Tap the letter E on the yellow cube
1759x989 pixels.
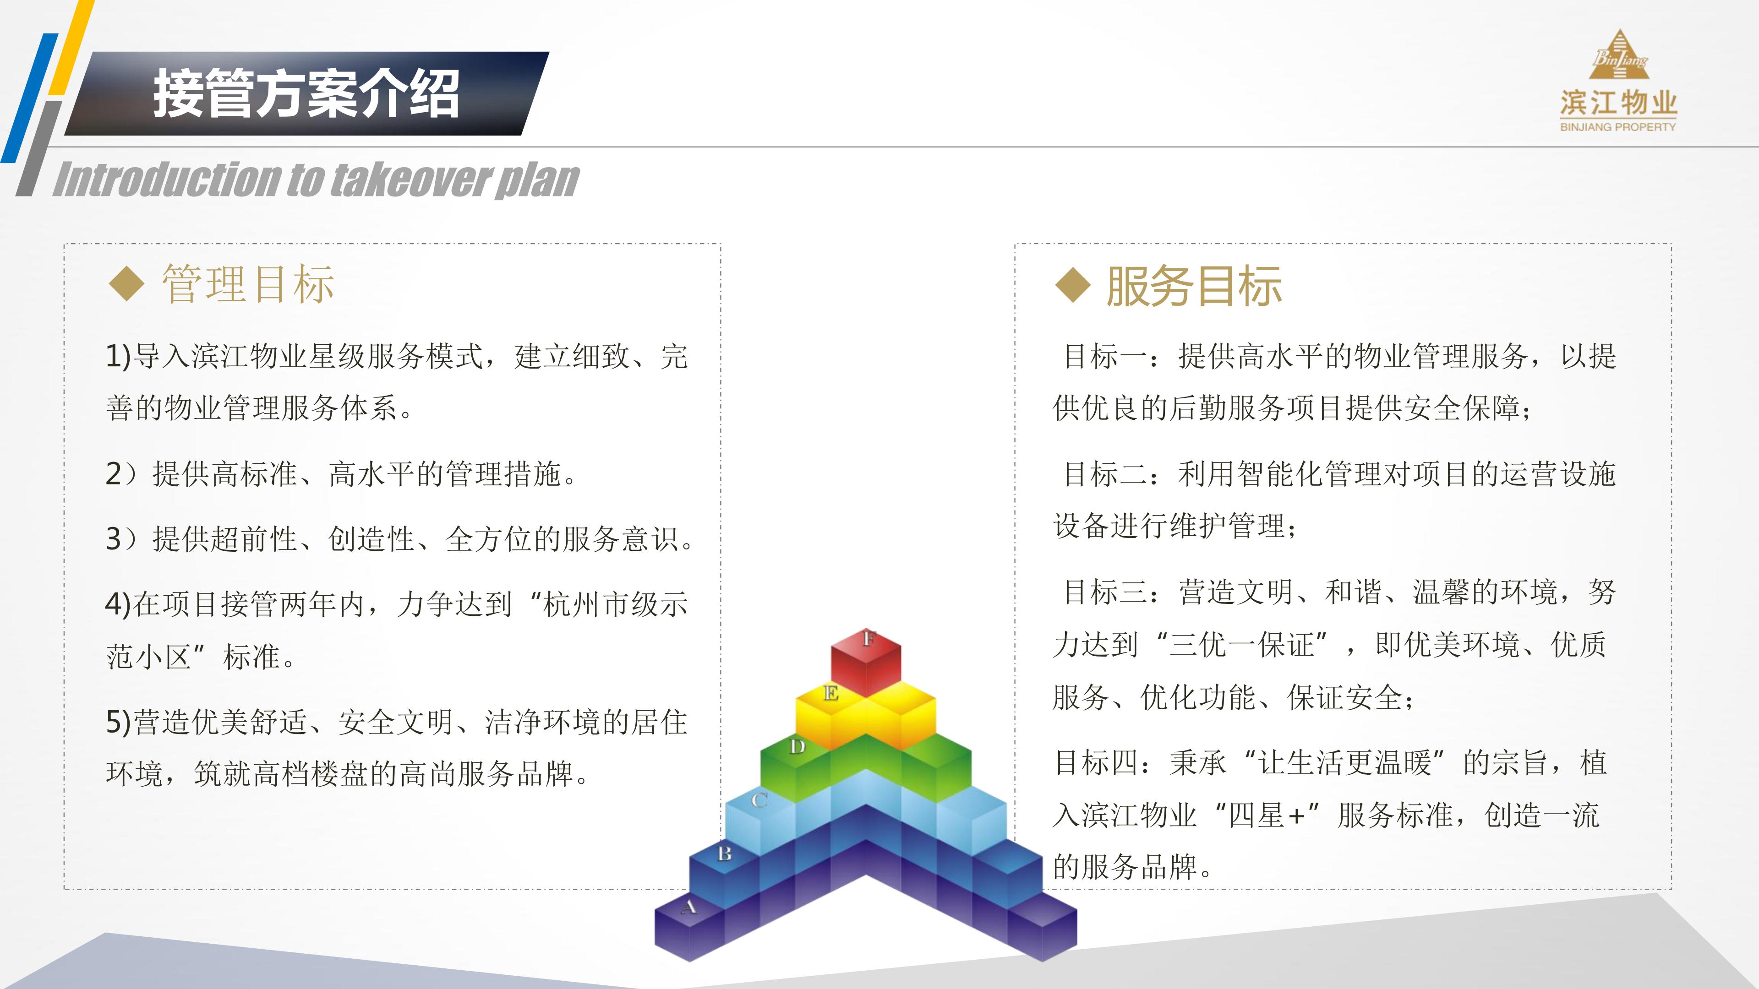831,694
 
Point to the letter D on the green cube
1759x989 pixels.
797,747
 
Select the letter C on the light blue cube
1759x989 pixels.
759,800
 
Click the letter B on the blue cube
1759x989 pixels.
725,853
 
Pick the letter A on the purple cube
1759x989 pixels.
689,907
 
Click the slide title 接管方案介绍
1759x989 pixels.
306,93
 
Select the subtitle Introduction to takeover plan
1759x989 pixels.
316,179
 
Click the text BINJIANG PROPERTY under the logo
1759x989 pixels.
1617,127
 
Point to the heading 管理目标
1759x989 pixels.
248,284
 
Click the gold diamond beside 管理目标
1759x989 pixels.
127,284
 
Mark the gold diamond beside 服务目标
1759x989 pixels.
1073,285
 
